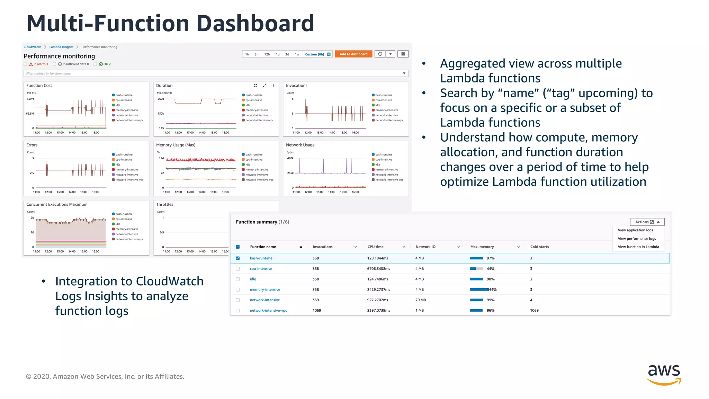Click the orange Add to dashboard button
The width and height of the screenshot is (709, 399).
pos(353,54)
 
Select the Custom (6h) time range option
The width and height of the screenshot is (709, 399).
pos(314,54)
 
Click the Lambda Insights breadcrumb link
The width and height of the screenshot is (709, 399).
pos(61,47)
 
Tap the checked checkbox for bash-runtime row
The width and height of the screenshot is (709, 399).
pos(238,258)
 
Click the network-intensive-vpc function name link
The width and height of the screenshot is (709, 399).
pos(268,311)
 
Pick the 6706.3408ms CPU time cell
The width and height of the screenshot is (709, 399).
pos(378,269)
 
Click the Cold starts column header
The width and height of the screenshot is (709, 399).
pos(539,247)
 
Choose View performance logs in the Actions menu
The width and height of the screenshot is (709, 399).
pos(637,239)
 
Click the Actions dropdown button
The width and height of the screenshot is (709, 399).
pos(647,222)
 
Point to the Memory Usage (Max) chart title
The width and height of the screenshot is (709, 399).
pos(176,145)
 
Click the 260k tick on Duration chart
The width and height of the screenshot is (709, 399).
pos(161,99)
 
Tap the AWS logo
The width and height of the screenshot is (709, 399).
pos(664,374)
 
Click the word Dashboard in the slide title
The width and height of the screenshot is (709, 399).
pos(255,24)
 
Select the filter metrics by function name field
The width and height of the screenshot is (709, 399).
pos(215,73)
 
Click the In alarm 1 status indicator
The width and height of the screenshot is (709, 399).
pos(39,64)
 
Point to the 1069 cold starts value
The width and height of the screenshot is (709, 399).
pos(534,311)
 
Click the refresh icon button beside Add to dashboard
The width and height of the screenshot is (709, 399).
pos(380,54)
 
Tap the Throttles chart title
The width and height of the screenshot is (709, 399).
pos(164,205)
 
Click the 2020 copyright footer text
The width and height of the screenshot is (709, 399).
pos(105,376)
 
